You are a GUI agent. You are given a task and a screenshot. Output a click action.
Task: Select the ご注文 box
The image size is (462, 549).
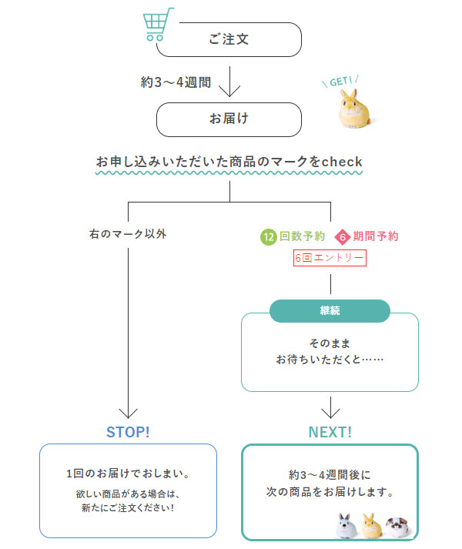coord(229,39)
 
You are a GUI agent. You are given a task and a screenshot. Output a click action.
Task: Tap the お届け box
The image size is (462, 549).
coord(229,119)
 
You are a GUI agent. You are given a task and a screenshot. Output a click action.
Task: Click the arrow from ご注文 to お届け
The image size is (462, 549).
coord(229,80)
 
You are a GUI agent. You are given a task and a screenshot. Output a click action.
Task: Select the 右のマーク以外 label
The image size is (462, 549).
coord(128,233)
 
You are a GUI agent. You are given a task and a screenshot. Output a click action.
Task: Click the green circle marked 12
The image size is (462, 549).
coord(269,236)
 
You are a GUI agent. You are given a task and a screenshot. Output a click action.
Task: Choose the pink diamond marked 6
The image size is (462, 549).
coord(343,236)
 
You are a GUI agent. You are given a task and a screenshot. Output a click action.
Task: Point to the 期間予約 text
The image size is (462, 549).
coord(376,236)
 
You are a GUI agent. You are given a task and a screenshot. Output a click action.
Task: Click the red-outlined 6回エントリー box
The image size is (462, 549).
coord(330,258)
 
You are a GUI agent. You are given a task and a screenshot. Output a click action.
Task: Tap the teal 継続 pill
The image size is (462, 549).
coord(330,311)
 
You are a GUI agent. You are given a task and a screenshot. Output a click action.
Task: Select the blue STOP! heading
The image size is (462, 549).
coord(128,431)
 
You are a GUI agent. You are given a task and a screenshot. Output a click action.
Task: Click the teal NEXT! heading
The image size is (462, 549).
coord(330,432)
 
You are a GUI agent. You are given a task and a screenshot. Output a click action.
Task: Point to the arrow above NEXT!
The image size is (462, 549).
coord(330,407)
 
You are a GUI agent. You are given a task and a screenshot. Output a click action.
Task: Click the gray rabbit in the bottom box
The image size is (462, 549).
coord(344,526)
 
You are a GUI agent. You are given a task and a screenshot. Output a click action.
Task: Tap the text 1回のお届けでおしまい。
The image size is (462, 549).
coord(128,473)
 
